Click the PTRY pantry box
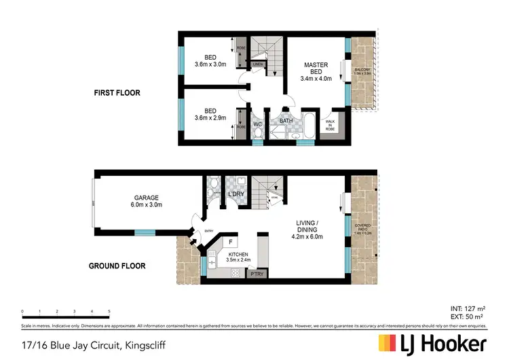tap(257, 274)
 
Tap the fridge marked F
tap(231, 241)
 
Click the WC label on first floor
tap(258, 125)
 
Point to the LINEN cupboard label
tap(259, 65)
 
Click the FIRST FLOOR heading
tap(117, 92)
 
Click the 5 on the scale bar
tap(109, 312)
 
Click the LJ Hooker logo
tap(431, 343)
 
